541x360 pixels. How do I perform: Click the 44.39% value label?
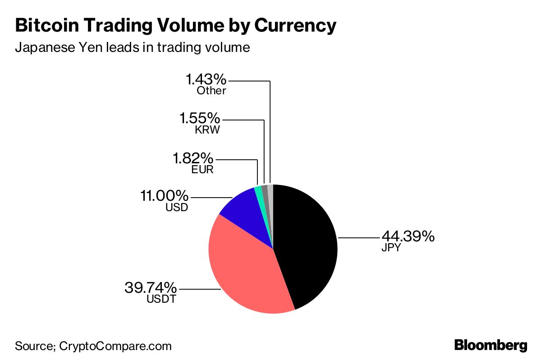[408, 236]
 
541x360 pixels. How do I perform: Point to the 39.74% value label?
[151, 287]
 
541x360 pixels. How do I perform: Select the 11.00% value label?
[163, 196]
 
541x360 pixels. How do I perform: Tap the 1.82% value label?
[193, 158]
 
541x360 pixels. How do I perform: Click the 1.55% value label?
[199, 119]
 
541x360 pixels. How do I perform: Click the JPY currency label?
[390, 248]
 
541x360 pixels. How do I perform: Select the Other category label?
[211, 91]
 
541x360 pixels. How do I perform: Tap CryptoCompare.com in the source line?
[115, 346]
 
